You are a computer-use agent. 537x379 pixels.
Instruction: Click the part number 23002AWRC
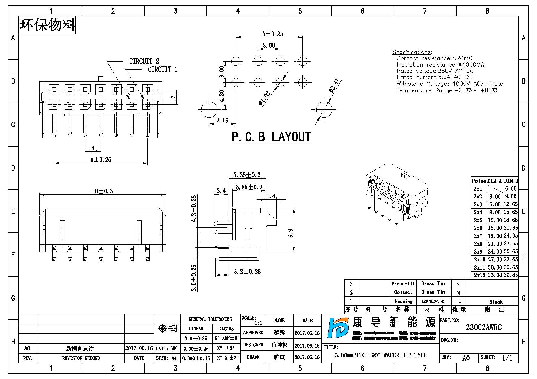484,327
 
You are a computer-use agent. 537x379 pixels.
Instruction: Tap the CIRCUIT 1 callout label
162,69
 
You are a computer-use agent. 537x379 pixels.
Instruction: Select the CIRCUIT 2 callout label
144,62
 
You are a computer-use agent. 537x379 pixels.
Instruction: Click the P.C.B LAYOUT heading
271,137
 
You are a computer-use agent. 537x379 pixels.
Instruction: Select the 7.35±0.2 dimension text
247,175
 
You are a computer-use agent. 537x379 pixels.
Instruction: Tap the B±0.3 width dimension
104,191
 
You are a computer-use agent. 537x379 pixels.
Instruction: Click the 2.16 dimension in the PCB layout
222,121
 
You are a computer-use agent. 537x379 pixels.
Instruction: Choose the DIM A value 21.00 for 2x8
495,244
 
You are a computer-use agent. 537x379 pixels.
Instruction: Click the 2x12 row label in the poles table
479,275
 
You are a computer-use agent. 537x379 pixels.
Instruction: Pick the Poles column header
479,181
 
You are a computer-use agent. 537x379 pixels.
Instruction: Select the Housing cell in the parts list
404,301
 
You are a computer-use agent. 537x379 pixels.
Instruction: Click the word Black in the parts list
496,302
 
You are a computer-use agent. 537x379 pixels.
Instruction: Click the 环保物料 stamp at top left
47,25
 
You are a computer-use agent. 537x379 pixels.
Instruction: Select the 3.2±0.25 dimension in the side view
247,272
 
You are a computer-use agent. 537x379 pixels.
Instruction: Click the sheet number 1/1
507,358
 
